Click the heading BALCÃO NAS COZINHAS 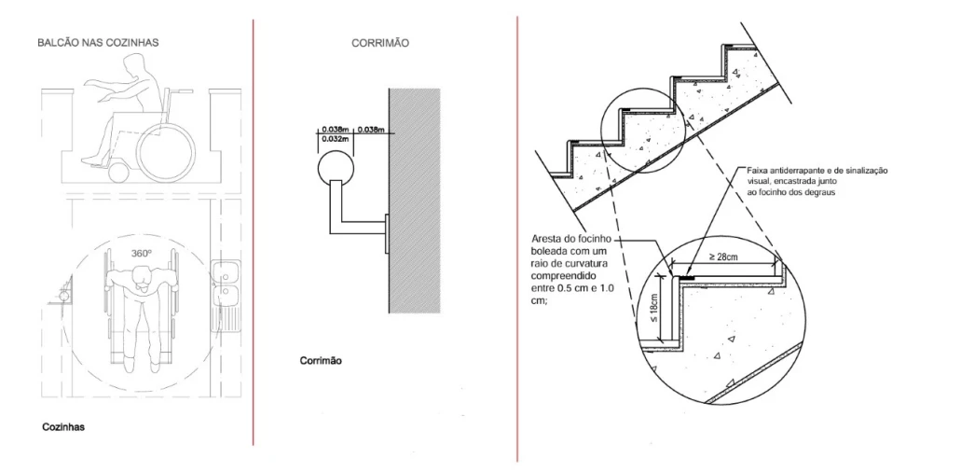coord(98,43)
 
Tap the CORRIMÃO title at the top coord(380,43)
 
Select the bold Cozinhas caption coord(63,427)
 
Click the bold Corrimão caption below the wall coord(322,361)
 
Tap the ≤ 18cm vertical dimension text coord(654,308)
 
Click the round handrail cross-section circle coord(336,167)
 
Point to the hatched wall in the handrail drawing coord(414,201)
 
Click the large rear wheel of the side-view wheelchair coord(166,152)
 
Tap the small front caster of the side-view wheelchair coord(119,173)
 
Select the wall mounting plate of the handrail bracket coord(386,233)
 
